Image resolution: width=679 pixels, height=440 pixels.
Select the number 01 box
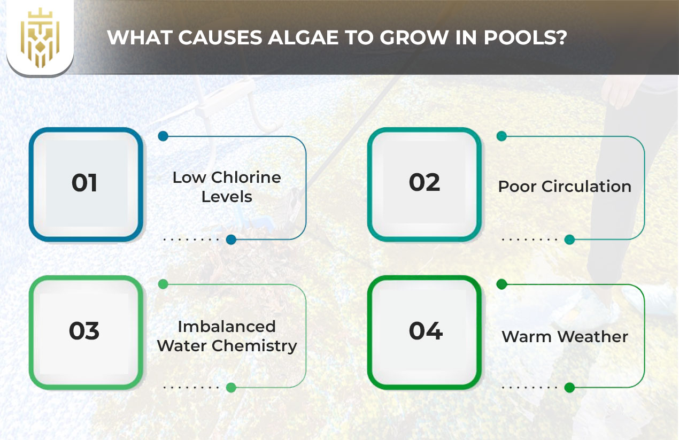coord(85,183)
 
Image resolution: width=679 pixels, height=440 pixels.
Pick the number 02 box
coord(425,183)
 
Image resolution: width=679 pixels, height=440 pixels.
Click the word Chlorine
coord(246,177)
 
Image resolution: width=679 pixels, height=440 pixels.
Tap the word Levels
coord(227,196)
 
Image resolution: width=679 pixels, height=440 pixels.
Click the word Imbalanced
coord(227,326)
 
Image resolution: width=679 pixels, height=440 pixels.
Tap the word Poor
coord(518,187)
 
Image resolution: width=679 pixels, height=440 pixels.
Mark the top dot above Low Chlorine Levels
coord(163,136)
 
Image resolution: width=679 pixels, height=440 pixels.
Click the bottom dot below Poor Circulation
coord(569,240)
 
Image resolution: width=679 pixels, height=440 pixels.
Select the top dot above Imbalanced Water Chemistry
coord(163,284)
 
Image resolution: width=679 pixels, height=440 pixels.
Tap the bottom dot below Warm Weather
coord(569,388)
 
